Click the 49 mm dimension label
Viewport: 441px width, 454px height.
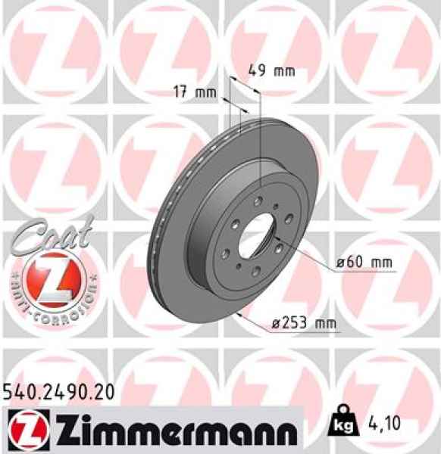(x=271, y=72)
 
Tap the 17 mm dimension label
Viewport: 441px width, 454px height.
(x=190, y=94)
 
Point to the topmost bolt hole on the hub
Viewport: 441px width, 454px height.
(x=260, y=202)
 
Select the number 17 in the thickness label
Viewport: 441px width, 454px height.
(x=180, y=94)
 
